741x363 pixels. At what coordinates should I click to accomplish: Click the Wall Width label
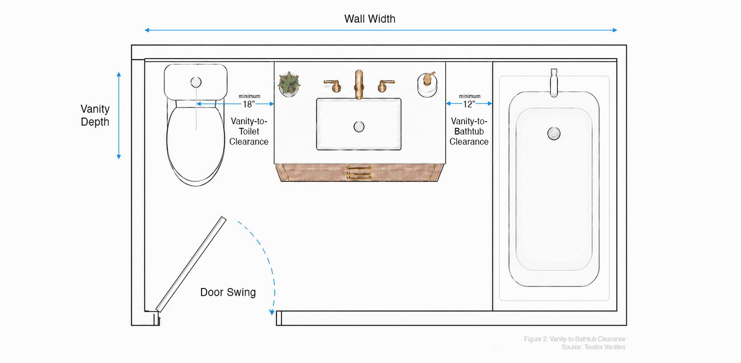pyautogui.click(x=370, y=19)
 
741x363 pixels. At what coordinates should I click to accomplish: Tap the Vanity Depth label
pyautogui.click(x=95, y=115)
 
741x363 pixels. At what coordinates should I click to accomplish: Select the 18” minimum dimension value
pyautogui.click(x=249, y=104)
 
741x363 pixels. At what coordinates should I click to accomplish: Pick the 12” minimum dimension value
pyautogui.click(x=469, y=104)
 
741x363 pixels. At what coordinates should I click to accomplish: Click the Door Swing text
pyautogui.click(x=228, y=292)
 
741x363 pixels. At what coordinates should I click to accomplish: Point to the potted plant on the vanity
pyautogui.click(x=289, y=84)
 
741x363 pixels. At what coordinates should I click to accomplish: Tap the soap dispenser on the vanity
pyautogui.click(x=427, y=84)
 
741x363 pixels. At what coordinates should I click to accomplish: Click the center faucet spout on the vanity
pyautogui.click(x=359, y=84)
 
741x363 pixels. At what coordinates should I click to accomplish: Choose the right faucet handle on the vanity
pyautogui.click(x=386, y=85)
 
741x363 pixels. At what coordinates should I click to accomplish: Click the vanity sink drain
pyautogui.click(x=359, y=126)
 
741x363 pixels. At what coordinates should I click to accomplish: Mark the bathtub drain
pyautogui.click(x=554, y=133)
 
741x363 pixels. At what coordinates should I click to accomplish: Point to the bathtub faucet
pyautogui.click(x=554, y=83)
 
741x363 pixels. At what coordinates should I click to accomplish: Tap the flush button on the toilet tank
pyautogui.click(x=196, y=82)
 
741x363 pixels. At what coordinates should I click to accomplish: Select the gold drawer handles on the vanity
pyautogui.click(x=358, y=173)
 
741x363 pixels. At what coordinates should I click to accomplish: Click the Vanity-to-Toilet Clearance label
pyautogui.click(x=249, y=131)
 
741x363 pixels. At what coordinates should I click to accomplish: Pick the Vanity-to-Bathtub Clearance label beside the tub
pyautogui.click(x=469, y=131)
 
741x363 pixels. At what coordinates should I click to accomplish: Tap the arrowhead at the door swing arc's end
pyautogui.click(x=272, y=312)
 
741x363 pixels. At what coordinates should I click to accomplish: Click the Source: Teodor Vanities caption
pyautogui.click(x=593, y=347)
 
